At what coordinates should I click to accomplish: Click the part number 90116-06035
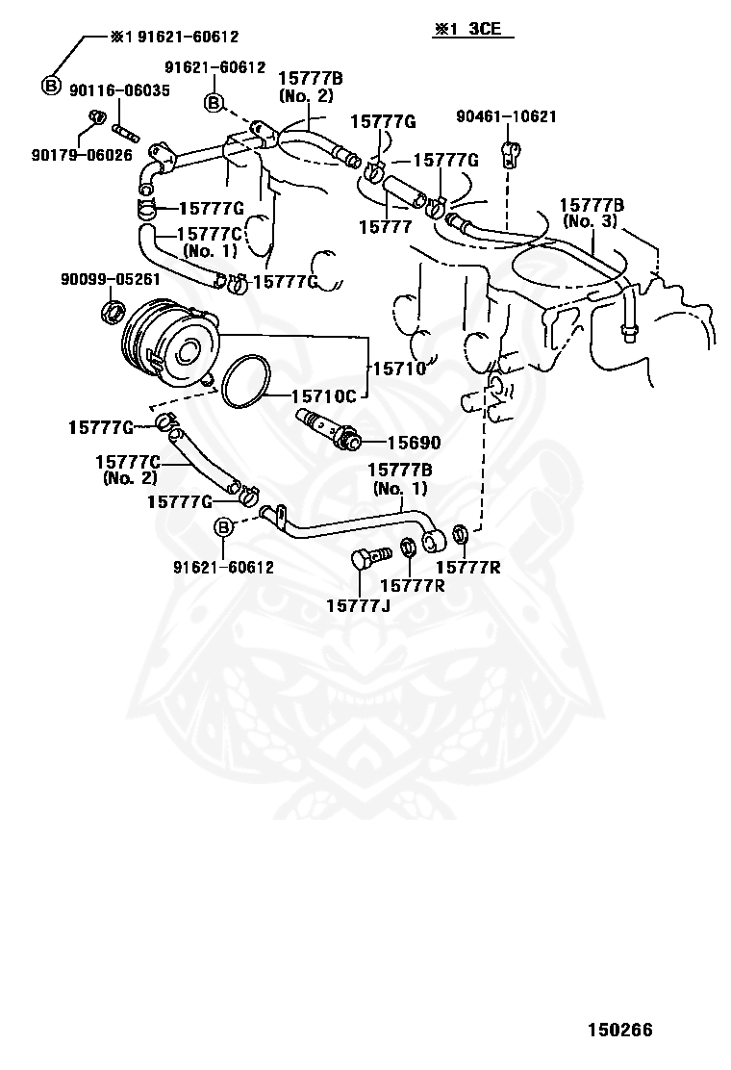point(119,90)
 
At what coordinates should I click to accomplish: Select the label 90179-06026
point(82,155)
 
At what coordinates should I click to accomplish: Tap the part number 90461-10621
point(506,116)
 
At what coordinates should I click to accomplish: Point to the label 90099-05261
point(111,279)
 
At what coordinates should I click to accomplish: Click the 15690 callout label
point(414,443)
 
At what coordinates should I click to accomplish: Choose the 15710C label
point(324,396)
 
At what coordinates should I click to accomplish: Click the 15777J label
point(358,605)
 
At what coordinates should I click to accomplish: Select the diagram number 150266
point(620,1030)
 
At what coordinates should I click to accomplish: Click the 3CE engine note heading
point(471,29)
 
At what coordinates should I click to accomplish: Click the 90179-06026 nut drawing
point(97,116)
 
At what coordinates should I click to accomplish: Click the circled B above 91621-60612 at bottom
point(224,527)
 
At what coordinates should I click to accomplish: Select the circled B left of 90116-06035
point(50,86)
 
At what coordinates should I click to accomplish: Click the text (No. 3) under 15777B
point(590,221)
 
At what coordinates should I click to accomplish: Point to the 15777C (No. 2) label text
point(130,470)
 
